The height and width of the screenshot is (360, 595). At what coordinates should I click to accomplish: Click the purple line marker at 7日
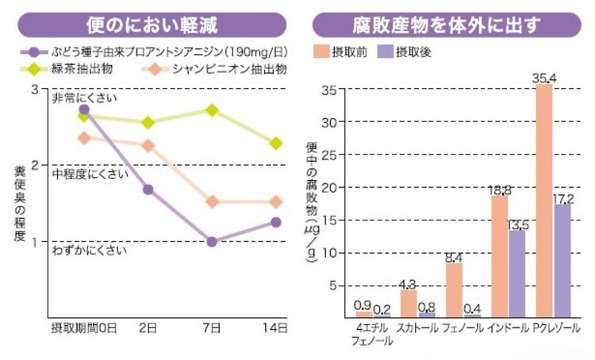(212, 241)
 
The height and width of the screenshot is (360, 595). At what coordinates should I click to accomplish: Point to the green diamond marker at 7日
(212, 109)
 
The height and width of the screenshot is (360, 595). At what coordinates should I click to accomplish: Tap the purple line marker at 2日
(148, 190)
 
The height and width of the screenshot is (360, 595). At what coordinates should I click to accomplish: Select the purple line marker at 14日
(275, 222)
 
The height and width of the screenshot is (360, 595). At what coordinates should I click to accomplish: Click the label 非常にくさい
(84, 98)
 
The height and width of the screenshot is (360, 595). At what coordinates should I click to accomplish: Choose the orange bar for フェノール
(454, 289)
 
